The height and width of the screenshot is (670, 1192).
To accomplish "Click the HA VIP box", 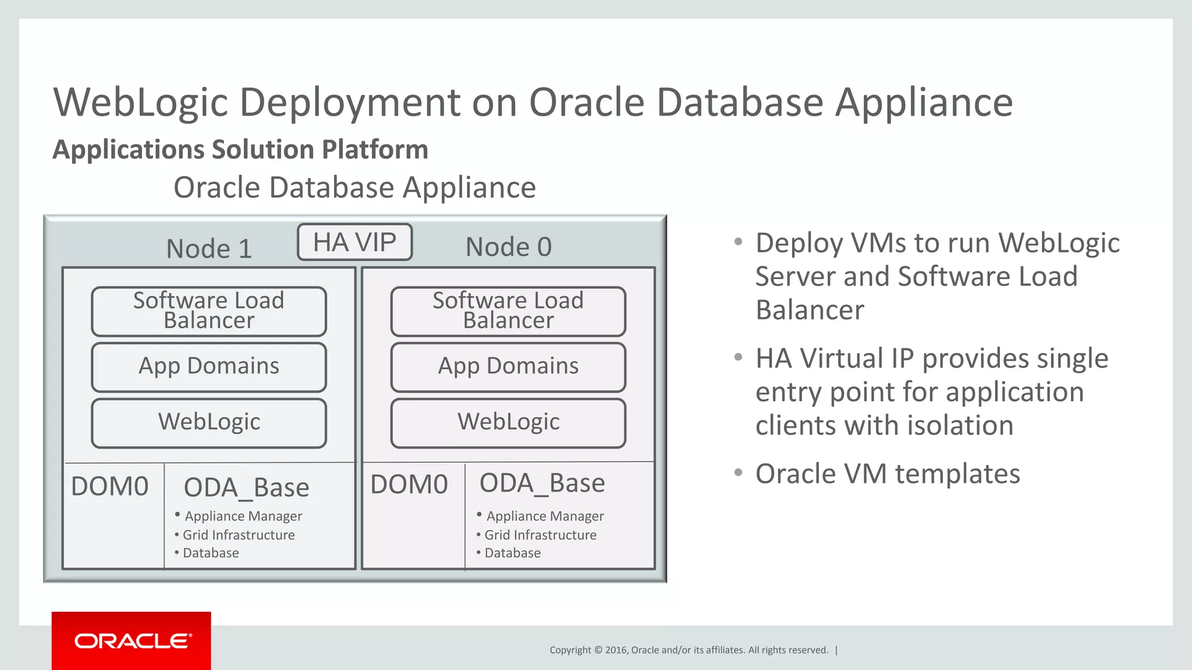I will pos(354,242).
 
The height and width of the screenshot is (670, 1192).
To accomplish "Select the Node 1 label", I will pos(209,249).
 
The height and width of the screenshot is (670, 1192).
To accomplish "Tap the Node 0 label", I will pos(508,247).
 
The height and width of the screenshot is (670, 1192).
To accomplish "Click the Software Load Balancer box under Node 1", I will pos(209,311).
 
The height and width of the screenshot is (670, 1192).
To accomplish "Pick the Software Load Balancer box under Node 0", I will pos(508,311).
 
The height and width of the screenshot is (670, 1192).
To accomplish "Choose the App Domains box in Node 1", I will pos(209,366).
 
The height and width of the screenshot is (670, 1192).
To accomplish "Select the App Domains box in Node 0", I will pos(508,366).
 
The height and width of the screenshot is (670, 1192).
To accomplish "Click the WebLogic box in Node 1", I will pos(209,422).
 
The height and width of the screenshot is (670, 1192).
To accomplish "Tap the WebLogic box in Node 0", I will pos(508,422).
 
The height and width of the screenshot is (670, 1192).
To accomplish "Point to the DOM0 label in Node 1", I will pos(110,487).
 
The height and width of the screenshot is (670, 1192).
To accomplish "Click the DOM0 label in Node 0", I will pos(409,484).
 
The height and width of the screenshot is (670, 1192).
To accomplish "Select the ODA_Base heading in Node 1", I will pos(246,487).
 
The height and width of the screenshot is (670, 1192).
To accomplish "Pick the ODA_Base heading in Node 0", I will pos(542,483).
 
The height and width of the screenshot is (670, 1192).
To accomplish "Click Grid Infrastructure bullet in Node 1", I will pos(239,535).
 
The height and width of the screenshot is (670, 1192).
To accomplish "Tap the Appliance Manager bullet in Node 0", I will pos(545,516).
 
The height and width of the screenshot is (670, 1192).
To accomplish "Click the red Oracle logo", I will pos(132,641).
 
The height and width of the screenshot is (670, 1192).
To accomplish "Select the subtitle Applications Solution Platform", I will pos(240,149).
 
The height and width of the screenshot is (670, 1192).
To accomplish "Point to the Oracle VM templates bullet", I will pos(887,473).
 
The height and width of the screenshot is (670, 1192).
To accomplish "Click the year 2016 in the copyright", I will pos(616,650).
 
